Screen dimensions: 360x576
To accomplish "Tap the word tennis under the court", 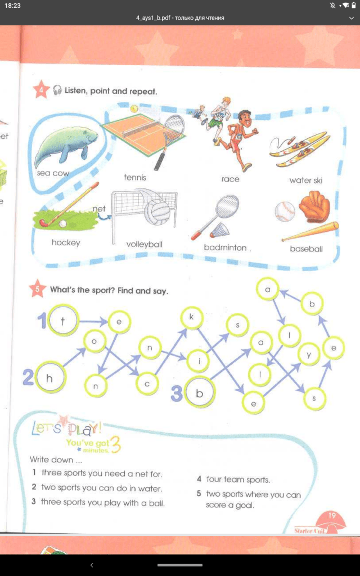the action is [135, 177].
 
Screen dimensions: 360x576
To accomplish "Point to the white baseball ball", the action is [285, 211].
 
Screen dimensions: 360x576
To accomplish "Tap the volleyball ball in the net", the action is [157, 211].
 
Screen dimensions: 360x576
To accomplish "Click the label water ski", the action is [305, 181].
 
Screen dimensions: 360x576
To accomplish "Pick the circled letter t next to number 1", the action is [63, 320].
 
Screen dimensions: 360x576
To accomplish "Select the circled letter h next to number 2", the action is [49, 377].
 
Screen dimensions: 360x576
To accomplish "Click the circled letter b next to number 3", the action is [199, 393].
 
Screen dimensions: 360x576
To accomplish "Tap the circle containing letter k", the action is [191, 317].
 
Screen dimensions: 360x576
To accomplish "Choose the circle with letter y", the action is [309, 354].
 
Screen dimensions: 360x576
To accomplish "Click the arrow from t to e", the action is [94, 322].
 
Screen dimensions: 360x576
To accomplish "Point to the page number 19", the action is [332, 515].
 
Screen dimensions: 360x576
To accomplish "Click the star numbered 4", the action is [41, 90].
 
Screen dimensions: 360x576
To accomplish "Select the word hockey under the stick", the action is [66, 242].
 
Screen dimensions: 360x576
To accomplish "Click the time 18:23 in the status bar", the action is [12, 6].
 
